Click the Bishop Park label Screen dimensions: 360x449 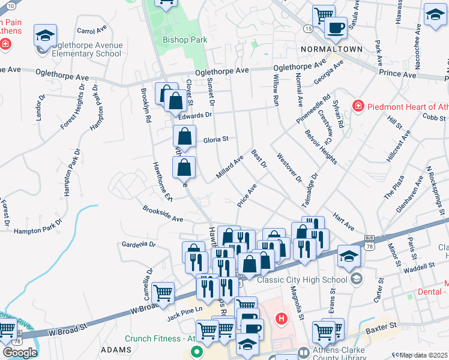click(185, 40)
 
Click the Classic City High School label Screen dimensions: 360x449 click(303, 280)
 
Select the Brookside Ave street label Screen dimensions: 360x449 click(163, 215)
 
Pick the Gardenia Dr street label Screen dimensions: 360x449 click(139, 245)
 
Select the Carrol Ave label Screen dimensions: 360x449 click(91, 29)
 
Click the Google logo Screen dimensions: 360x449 click(19, 352)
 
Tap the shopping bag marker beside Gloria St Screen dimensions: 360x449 click(184, 137)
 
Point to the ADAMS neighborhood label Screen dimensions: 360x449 click(116, 350)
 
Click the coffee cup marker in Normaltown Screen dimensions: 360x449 click(336, 28)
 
